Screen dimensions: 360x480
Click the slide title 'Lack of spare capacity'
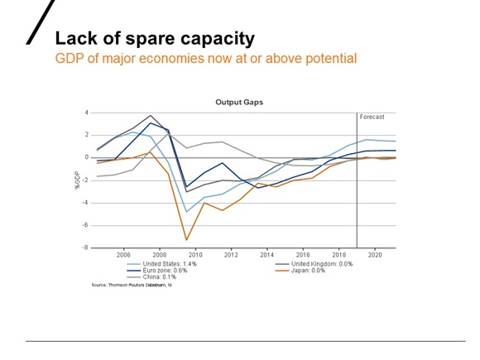154,39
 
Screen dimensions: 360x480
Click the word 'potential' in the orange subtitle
328,59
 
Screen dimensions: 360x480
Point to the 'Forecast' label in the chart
372,118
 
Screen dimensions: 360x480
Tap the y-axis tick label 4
86,113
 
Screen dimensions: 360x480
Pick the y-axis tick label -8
85,247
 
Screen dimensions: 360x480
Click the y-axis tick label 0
86,157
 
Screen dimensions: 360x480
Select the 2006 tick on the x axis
123,255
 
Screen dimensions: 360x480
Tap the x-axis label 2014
266,255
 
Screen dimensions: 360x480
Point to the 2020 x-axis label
374,255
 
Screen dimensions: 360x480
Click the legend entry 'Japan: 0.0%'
295,270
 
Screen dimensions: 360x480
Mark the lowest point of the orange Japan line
187,240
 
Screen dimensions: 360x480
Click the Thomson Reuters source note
131,285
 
